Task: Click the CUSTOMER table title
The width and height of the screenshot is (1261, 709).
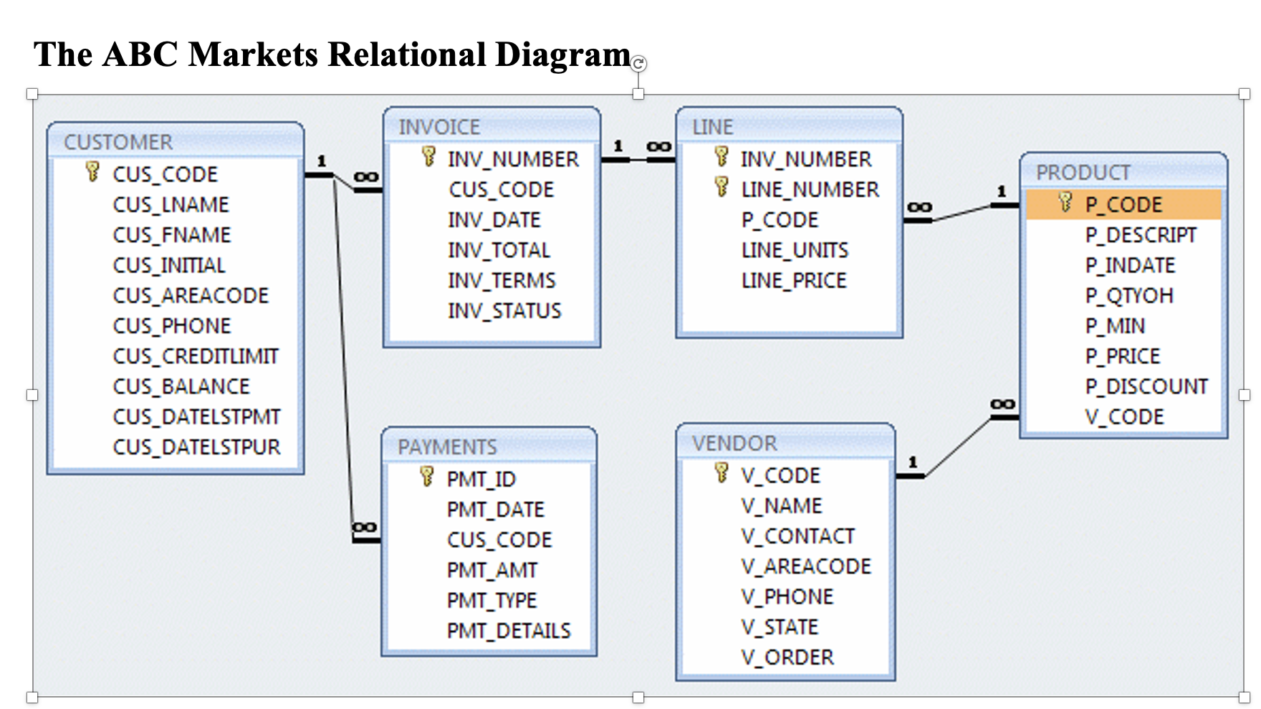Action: (118, 142)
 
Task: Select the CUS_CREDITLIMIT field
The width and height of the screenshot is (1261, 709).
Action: (195, 356)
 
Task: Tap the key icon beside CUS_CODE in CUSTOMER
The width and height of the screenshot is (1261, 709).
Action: (92, 171)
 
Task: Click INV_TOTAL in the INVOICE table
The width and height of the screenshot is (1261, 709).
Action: (499, 250)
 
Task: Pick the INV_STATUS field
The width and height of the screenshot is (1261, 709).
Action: (504, 311)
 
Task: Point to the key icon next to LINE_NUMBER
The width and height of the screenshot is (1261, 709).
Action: (721, 187)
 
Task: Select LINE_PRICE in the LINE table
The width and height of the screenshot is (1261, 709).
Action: (794, 280)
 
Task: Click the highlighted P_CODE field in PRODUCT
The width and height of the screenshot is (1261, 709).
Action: (1123, 205)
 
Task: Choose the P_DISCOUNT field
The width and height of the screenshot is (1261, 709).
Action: (1146, 387)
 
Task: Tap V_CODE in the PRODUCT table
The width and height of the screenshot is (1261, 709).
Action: (1124, 417)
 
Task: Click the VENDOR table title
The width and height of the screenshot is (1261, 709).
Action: (734, 444)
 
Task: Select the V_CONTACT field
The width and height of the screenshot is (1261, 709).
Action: (797, 536)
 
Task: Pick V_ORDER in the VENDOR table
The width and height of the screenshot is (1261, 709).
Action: (787, 657)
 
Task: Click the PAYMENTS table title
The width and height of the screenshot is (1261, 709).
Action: (447, 447)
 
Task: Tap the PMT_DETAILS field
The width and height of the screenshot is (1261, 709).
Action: (509, 631)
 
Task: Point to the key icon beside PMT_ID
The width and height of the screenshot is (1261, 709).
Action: (427, 476)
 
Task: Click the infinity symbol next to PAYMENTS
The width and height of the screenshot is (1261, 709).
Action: (364, 528)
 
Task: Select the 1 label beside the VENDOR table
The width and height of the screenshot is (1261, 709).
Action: (912, 462)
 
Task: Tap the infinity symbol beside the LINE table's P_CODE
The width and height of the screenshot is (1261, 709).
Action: (919, 208)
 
